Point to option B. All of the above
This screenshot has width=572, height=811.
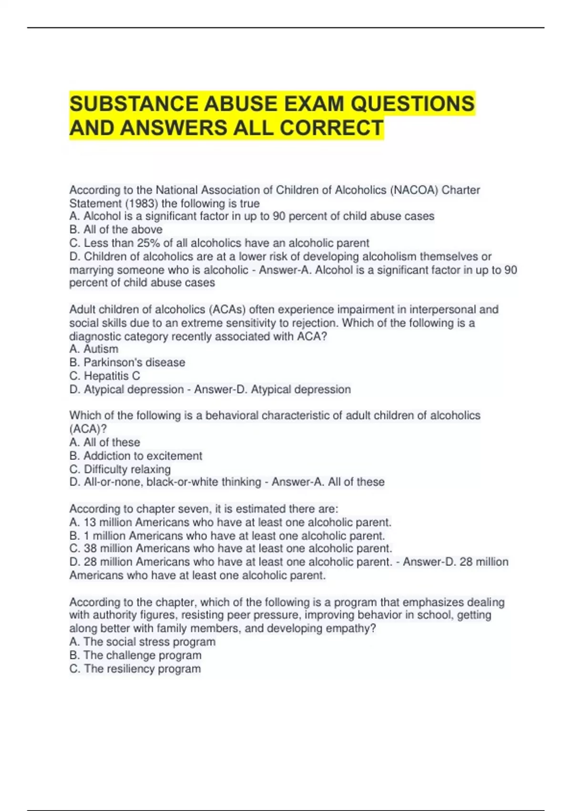click(116, 229)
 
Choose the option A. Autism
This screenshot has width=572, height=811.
click(94, 349)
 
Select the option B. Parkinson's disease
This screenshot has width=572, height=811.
click(127, 362)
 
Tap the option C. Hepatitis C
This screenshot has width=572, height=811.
click(105, 376)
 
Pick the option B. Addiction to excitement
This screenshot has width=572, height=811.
click(136, 456)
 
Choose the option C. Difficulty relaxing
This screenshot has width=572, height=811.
click(120, 469)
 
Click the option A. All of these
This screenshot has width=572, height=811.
click(105, 442)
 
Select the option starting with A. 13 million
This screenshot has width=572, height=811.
click(230, 522)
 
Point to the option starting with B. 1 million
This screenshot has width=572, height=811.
click(227, 536)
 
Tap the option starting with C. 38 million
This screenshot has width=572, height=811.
click(231, 549)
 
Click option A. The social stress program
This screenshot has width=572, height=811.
click(143, 642)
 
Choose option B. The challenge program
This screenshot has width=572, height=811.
click(135, 655)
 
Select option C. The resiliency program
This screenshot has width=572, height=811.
click(135, 668)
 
